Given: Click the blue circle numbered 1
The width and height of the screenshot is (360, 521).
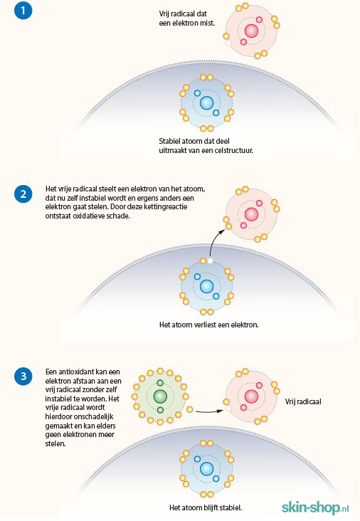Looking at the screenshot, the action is (x=23, y=10).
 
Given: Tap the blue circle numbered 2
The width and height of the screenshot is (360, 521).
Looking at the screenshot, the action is (x=23, y=194).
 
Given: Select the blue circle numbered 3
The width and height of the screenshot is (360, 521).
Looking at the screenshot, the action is (x=23, y=376).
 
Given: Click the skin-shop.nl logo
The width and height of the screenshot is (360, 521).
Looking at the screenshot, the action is (x=315, y=507).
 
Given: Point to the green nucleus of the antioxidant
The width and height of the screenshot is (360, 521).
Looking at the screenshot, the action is (x=160, y=396).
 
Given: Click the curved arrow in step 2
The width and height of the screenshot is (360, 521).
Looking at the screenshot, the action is (x=213, y=241).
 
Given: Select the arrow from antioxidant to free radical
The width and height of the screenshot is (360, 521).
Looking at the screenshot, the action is (x=209, y=411).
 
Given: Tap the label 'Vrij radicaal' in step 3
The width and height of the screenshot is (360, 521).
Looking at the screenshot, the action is (x=303, y=401).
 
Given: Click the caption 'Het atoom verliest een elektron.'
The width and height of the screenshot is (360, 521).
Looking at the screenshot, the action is (x=209, y=325).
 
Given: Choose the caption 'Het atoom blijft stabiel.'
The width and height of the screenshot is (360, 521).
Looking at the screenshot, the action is (x=206, y=507).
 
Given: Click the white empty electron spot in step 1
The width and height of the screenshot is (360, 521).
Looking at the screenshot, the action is (x=228, y=43).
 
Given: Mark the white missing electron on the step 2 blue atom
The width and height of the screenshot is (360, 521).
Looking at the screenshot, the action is (x=210, y=260).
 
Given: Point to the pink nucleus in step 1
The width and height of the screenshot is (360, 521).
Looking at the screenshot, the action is (x=251, y=31).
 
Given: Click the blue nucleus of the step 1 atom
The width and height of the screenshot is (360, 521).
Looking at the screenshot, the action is (x=206, y=103).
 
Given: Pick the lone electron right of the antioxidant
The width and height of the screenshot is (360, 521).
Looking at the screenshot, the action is (x=190, y=409).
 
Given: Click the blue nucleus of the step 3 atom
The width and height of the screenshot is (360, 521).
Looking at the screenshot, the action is (x=206, y=469).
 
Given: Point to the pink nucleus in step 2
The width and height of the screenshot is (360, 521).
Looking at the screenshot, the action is (x=251, y=214).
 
